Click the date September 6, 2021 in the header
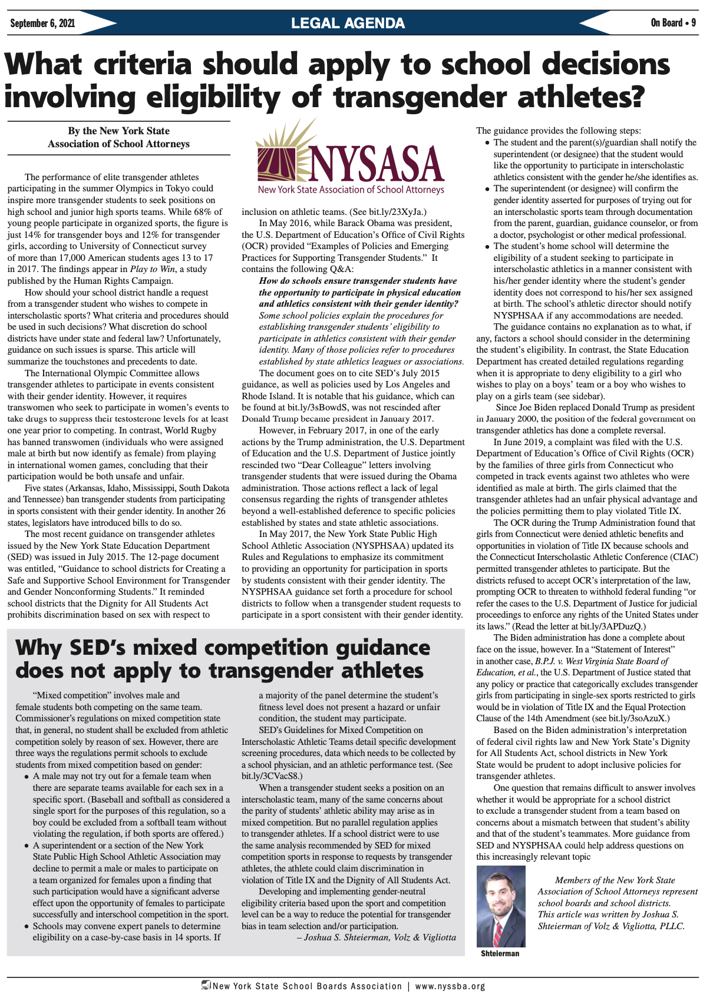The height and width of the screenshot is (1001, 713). click(42, 24)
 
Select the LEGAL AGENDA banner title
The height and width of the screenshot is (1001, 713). click(348, 24)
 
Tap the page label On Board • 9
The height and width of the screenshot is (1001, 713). click(673, 23)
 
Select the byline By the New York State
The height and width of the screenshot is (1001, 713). click(118, 131)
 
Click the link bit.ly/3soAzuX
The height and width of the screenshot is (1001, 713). click(637, 718)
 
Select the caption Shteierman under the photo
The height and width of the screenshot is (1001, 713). click(500, 953)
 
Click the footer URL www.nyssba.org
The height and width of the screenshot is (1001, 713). click(450, 986)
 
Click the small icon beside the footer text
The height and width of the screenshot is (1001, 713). click(206, 985)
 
